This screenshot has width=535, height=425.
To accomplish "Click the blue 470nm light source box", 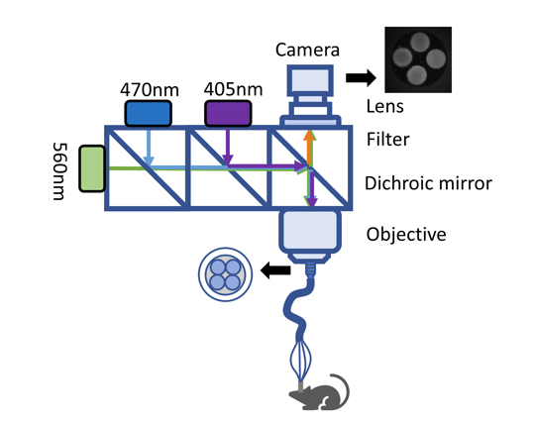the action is click(x=148, y=114).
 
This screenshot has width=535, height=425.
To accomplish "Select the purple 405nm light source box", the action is click(x=228, y=114).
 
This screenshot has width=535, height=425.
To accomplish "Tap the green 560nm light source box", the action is click(x=92, y=168).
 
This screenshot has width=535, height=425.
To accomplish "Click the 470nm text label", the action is click(x=150, y=90).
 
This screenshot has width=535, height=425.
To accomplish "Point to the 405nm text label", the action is click(x=234, y=89).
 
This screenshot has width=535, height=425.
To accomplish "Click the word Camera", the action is click(x=307, y=50).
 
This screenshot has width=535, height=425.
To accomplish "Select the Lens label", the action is click(x=384, y=106).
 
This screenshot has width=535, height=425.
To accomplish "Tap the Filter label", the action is click(x=388, y=139).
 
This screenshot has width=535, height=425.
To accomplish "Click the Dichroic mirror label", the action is click(x=428, y=183).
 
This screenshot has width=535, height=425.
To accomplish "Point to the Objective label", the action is click(x=406, y=235).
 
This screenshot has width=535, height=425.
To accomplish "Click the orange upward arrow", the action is click(x=309, y=148).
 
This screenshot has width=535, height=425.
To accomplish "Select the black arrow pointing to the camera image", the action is click(x=361, y=77).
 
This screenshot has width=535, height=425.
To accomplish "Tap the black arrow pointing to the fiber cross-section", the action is click(x=275, y=270).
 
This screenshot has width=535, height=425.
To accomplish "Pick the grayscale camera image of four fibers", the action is click(x=418, y=59).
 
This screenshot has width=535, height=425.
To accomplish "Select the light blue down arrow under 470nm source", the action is click(x=149, y=148).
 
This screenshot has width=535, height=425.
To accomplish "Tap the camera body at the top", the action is click(x=310, y=80).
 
